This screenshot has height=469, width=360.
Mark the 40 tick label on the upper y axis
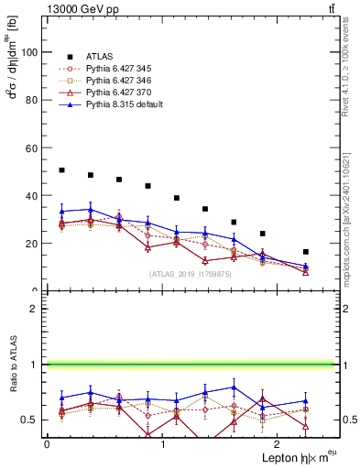tap(34, 196)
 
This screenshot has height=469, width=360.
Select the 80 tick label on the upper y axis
tap(34, 101)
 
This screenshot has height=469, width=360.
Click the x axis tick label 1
tap(162, 443)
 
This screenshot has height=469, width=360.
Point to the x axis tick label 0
tap(47, 443)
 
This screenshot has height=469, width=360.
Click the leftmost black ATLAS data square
tap(61, 170)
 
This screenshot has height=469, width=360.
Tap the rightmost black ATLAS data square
tap(305, 252)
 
